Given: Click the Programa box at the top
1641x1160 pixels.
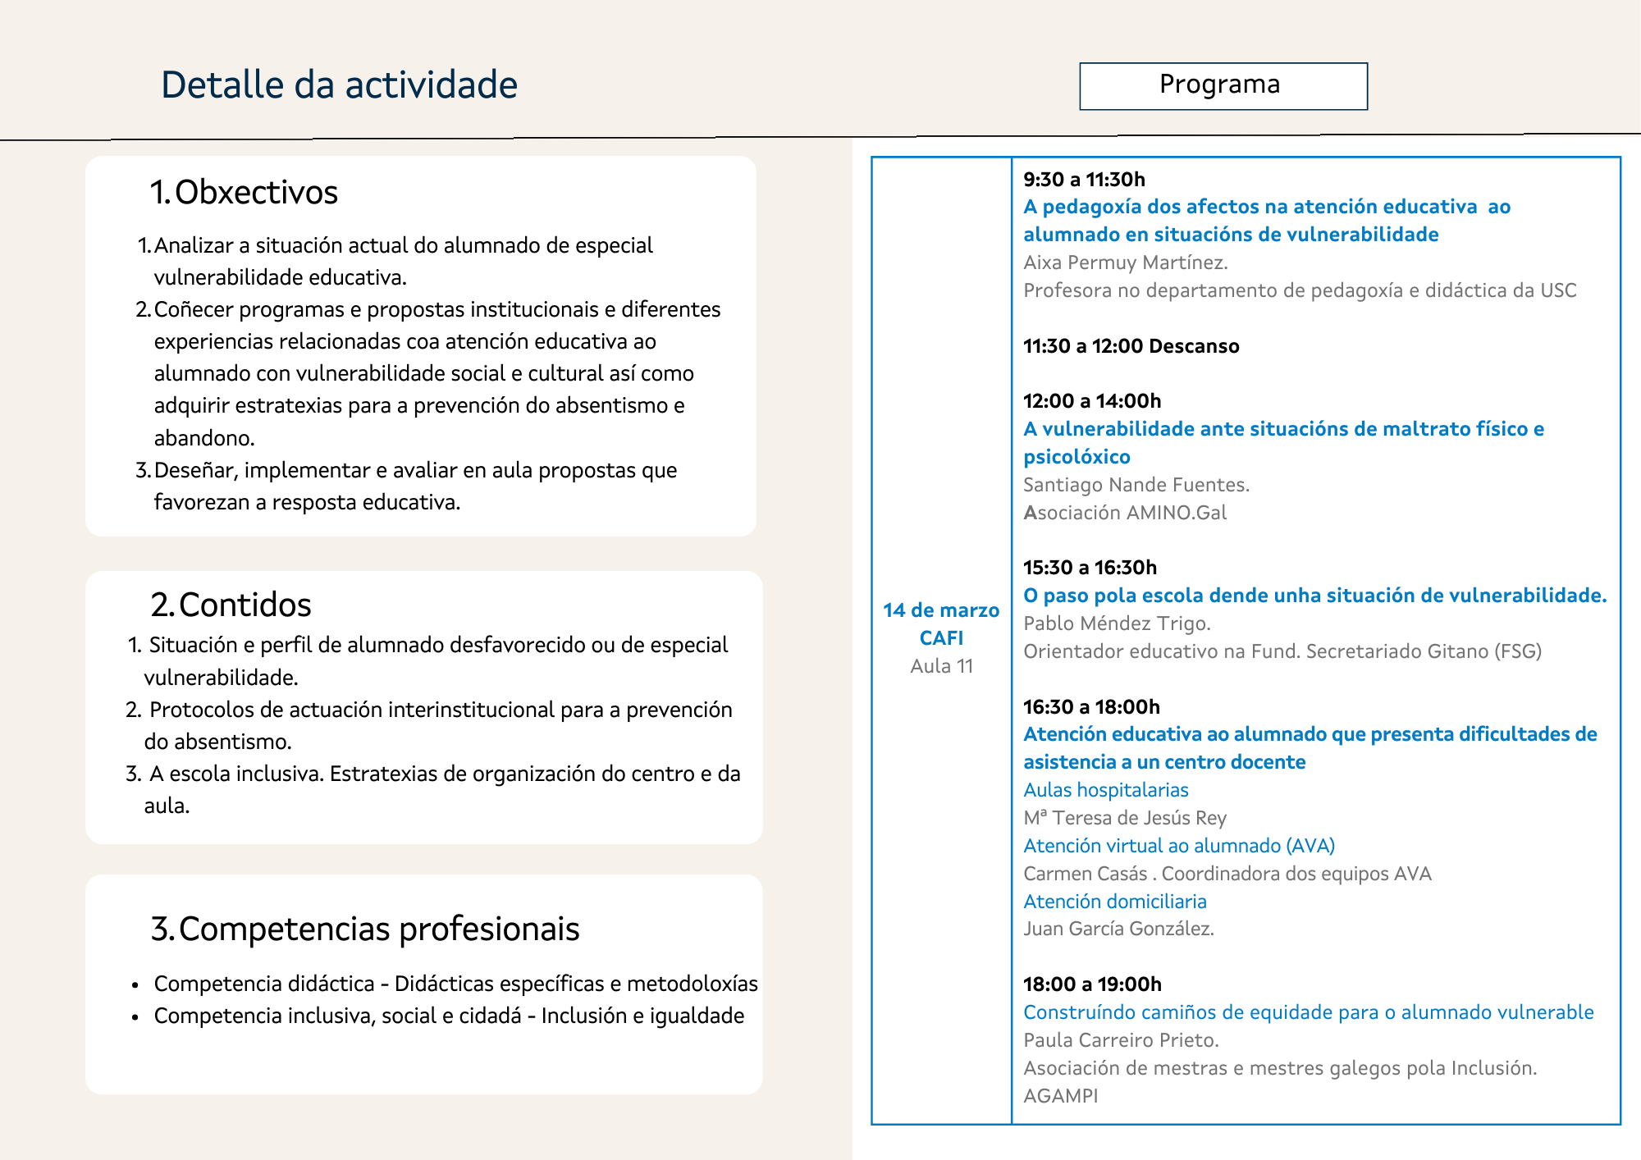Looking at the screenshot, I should point(1223,85).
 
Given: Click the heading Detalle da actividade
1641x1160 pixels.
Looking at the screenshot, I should point(339,85).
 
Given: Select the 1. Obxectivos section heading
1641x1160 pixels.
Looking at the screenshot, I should point(244,193).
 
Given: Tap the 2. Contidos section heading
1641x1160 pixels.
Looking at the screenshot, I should point(231,605).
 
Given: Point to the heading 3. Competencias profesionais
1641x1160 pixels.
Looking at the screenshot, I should point(365,929).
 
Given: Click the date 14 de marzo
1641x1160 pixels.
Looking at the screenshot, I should point(941,610).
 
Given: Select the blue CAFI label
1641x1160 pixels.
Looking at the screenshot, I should point(941,638).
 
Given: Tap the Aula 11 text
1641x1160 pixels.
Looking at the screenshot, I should point(941,666).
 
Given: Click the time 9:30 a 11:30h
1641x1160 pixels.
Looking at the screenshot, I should point(1084,180).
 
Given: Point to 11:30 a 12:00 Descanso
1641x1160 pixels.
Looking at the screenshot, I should point(1131,346).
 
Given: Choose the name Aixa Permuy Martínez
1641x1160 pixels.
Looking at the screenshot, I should point(1125,263).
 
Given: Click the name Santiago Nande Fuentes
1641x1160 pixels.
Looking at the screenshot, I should point(1136,485).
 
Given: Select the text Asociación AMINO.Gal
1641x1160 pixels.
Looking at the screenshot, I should point(1125,513).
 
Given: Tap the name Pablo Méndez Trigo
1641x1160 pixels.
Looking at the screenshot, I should point(1117,623).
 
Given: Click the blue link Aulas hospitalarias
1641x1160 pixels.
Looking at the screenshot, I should point(1106,790).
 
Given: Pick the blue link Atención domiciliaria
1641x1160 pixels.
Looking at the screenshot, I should point(1115,902).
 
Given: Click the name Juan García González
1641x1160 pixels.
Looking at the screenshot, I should point(1118,929).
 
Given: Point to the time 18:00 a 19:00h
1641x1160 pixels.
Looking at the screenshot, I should point(1092,984).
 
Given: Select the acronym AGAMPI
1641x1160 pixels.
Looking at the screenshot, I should point(1060,1096).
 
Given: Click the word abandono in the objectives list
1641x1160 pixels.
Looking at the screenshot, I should point(203,438).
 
